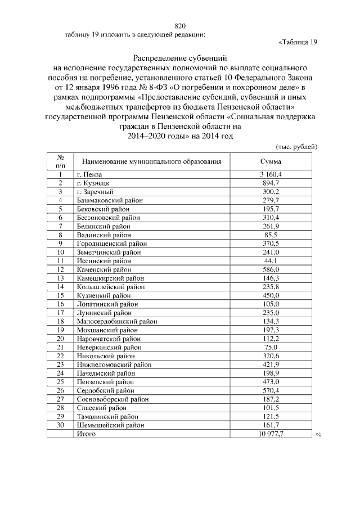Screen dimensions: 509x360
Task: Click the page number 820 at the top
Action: coord(180,26)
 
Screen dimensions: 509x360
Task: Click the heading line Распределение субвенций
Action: coord(179,57)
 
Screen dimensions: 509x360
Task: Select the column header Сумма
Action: coord(267,161)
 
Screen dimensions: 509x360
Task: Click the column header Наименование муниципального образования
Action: coord(148,161)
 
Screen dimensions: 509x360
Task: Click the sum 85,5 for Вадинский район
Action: coord(270,235)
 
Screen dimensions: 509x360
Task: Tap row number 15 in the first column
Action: coord(60,295)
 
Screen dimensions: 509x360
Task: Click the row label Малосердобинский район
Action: coord(116,321)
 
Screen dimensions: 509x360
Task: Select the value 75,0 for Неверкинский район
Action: coord(270,347)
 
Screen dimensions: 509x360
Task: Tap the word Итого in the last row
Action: coord(86,434)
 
